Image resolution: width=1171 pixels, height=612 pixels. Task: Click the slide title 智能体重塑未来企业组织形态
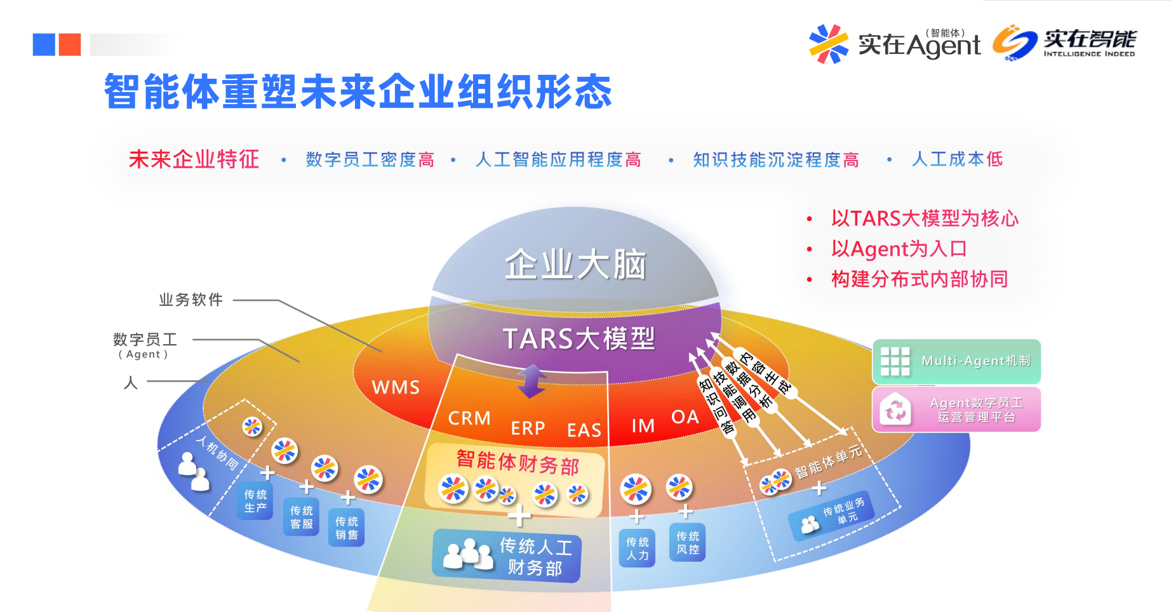(x=358, y=91)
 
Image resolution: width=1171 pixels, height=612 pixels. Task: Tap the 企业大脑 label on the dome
(x=575, y=264)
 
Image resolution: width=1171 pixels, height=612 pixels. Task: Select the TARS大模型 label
(x=579, y=338)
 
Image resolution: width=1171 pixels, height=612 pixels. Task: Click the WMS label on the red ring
(x=396, y=387)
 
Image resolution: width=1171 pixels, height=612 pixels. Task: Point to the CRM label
(x=469, y=418)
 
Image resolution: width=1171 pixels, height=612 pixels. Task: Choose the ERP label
(x=528, y=429)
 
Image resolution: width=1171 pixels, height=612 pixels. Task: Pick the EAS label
(x=584, y=430)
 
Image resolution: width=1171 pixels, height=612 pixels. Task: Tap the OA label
(x=685, y=417)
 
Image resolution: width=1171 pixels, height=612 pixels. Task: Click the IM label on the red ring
(x=643, y=425)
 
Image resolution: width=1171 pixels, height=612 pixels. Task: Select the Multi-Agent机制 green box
(x=956, y=361)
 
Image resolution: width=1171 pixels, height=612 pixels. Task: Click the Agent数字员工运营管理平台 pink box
(x=956, y=409)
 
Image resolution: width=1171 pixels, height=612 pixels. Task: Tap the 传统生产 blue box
(x=255, y=501)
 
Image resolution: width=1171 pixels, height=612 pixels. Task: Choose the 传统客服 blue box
(x=302, y=517)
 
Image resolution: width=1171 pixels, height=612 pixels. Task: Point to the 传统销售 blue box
(x=347, y=528)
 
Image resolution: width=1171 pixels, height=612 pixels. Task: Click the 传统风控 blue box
(x=688, y=543)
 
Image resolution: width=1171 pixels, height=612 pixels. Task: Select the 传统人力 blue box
(x=638, y=548)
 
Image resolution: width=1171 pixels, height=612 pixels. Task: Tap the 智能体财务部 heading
(x=518, y=462)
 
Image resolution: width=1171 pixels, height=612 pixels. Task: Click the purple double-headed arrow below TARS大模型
(x=532, y=381)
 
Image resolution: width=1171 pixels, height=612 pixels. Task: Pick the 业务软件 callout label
(x=191, y=300)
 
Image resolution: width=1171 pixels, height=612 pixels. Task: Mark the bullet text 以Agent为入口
(x=899, y=249)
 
